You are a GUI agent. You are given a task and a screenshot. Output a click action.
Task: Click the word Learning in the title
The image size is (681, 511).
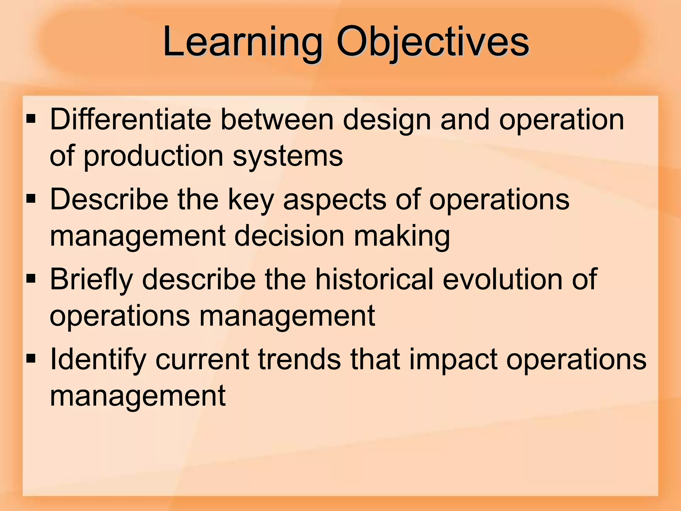click(243, 42)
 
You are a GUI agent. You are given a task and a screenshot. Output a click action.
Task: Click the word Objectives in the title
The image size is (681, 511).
click(432, 42)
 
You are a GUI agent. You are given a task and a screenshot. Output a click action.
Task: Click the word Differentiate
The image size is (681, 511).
click(130, 119)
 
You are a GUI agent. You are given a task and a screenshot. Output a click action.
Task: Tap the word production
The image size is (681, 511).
click(153, 156)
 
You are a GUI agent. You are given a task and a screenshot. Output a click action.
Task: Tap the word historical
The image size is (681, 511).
click(374, 279)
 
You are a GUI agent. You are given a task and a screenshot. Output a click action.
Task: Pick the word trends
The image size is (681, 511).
click(299, 359)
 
